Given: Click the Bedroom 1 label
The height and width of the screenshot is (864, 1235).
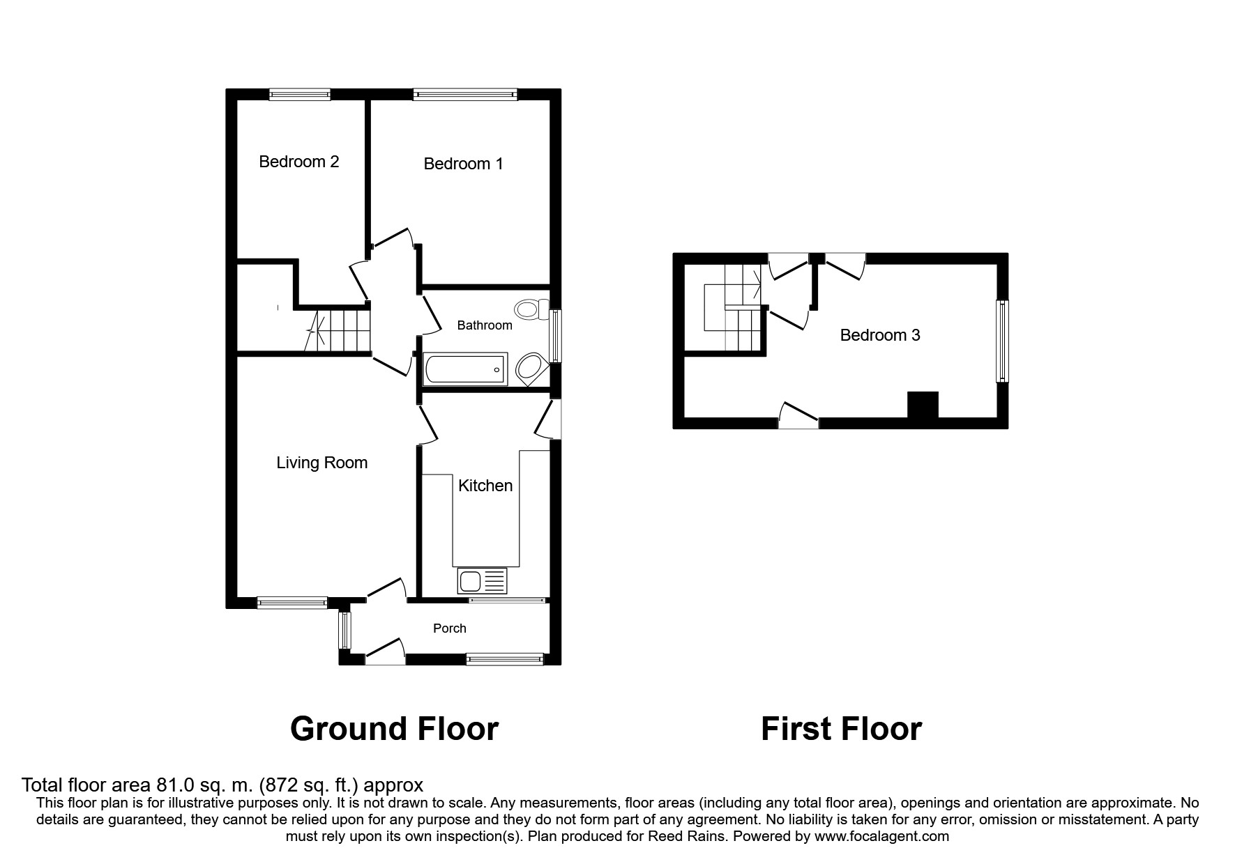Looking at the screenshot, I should pyautogui.click(x=463, y=164).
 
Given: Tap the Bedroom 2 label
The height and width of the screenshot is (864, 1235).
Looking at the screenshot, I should pyautogui.click(x=298, y=162).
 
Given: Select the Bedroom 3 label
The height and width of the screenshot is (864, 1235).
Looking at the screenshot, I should pyautogui.click(x=879, y=335).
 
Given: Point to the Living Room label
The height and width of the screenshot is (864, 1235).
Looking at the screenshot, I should pyautogui.click(x=321, y=463).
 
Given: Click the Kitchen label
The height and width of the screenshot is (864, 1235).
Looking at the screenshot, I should pyautogui.click(x=485, y=486).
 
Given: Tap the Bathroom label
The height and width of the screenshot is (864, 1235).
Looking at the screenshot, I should pyautogui.click(x=484, y=325).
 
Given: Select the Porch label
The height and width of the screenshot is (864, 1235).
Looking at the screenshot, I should pyautogui.click(x=449, y=628).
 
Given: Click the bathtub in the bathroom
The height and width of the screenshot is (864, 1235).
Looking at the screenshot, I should pyautogui.click(x=465, y=368).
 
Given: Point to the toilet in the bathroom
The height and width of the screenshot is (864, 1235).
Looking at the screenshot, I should pyautogui.click(x=531, y=308).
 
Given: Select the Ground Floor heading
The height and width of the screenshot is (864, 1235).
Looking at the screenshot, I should pyautogui.click(x=394, y=729).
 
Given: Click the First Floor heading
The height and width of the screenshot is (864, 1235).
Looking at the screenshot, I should pyautogui.click(x=841, y=729).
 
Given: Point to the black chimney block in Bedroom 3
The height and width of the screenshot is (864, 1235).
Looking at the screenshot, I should pyautogui.click(x=922, y=405).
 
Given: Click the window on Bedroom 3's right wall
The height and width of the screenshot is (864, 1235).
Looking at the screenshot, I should pyautogui.click(x=1002, y=341).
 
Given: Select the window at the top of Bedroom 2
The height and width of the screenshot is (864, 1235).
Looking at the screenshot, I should pyautogui.click(x=300, y=94).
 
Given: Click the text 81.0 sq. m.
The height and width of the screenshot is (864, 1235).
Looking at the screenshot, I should pyautogui.click(x=203, y=785).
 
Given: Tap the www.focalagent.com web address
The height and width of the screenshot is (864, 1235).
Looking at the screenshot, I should pyautogui.click(x=881, y=836).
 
